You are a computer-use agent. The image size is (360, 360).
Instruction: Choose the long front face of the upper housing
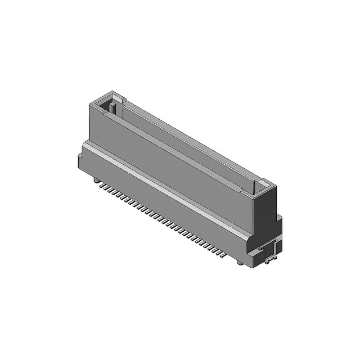click(169, 152)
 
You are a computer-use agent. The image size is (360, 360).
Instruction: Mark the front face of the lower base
click(163, 202)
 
